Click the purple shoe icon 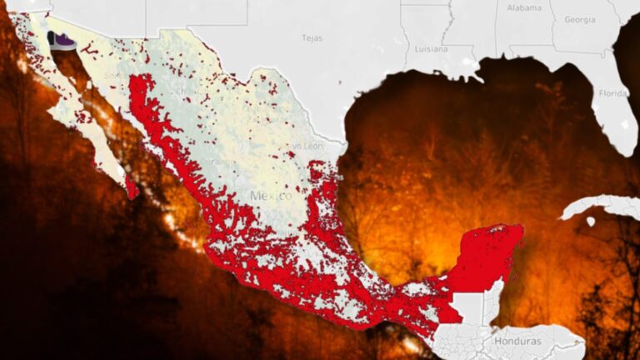61,41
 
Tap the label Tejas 312,37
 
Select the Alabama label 523,7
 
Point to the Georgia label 579,19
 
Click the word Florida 612,92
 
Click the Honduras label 517,342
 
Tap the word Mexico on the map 271,196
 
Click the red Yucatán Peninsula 487,254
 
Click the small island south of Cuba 590,222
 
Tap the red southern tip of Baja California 132,189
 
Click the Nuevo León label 301,146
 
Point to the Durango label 219,160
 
